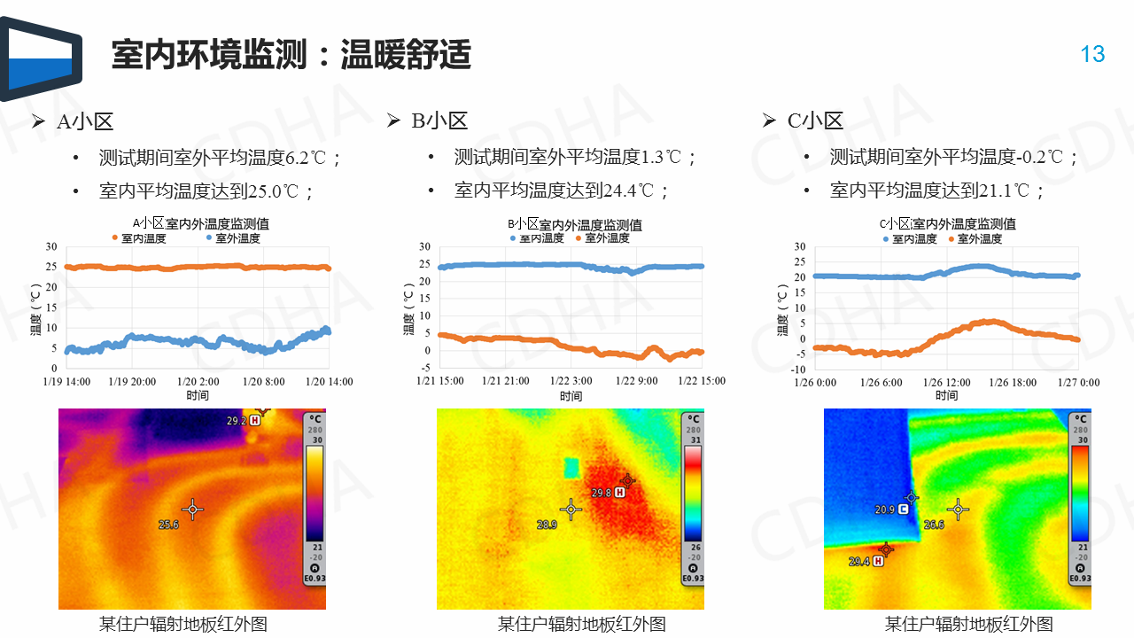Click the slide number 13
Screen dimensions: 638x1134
click(x=1092, y=54)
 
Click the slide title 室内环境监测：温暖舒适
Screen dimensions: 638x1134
click(x=291, y=55)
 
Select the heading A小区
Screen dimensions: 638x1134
click(x=85, y=121)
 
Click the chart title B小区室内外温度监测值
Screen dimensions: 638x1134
click(x=574, y=225)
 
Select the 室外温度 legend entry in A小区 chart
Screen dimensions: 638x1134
click(x=233, y=238)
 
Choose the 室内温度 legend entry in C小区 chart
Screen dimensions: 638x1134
click(x=910, y=239)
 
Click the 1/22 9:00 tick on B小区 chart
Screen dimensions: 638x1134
click(x=637, y=381)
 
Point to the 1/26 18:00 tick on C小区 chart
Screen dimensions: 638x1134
click(x=1012, y=383)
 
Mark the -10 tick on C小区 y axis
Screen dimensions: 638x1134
click(x=799, y=370)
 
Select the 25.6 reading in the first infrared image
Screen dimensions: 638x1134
click(x=168, y=525)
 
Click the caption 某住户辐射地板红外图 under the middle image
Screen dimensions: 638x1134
click(x=581, y=624)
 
